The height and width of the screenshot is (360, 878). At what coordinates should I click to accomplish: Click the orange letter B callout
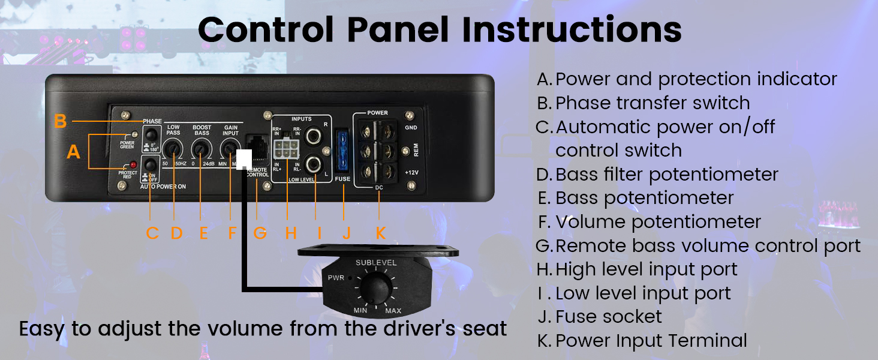(60, 121)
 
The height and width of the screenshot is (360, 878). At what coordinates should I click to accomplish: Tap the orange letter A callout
(73, 152)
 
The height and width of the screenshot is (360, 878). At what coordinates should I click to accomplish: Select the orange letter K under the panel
(380, 233)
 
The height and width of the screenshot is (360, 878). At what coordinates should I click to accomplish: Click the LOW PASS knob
(174, 148)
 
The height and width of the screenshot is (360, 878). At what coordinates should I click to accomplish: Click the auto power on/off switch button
(151, 164)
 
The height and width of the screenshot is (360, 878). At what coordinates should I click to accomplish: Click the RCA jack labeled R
(314, 136)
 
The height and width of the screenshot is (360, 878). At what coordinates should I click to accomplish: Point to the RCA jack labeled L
(314, 163)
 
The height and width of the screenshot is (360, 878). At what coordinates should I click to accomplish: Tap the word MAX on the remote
(393, 310)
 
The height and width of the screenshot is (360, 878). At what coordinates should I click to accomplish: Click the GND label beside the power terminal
(411, 128)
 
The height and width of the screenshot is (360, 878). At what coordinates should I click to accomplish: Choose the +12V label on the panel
(411, 173)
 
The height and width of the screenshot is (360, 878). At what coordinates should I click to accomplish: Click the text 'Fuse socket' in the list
(609, 317)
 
